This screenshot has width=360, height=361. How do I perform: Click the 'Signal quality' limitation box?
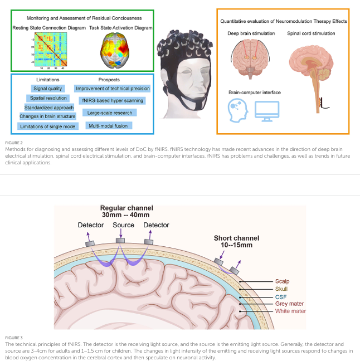(x=48, y=88)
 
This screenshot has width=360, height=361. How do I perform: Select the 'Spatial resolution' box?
(x=48, y=97)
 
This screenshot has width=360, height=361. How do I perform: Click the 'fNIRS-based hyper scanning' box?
(x=111, y=101)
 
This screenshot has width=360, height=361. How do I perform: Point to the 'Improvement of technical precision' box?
(x=113, y=88)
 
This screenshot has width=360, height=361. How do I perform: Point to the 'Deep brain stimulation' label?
(x=251, y=33)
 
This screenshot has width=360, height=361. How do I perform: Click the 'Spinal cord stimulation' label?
(x=311, y=33)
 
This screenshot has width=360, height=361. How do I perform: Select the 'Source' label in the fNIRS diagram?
(x=123, y=225)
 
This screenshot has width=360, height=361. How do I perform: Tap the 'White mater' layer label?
(x=290, y=311)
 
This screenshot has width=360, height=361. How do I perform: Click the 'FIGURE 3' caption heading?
(x=14, y=338)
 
